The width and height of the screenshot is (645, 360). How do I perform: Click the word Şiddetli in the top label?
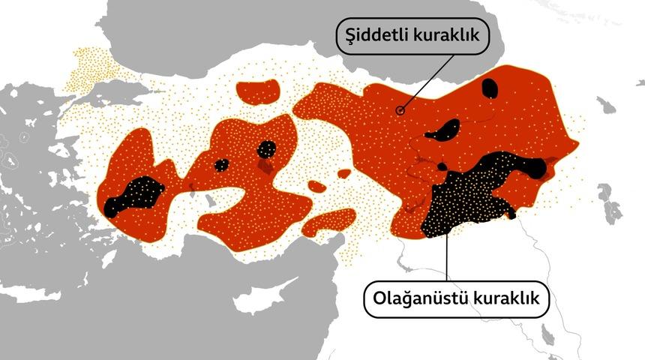coord(376,36)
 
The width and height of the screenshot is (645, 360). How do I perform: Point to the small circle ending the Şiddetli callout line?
coord(400,110)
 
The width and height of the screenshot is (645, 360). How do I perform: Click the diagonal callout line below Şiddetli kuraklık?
coord(424,85)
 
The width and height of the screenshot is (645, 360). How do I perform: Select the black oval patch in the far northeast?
coord(490,88)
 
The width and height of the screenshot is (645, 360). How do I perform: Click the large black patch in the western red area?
coord(135,195)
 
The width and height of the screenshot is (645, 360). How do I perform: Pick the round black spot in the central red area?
coord(266,149)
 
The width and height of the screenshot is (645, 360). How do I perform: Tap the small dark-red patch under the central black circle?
coord(265,166)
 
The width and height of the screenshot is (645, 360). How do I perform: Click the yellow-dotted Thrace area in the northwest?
coord(94,67)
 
